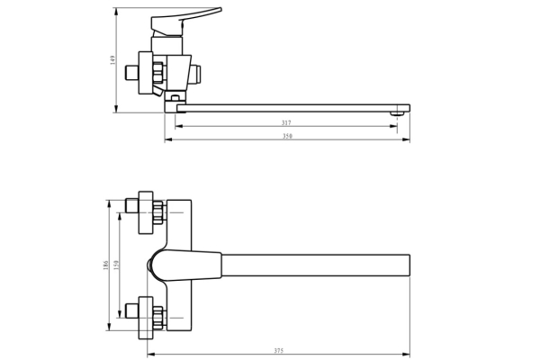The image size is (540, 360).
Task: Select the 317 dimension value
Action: tap(286, 121)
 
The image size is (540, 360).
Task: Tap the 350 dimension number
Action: tap(287, 137)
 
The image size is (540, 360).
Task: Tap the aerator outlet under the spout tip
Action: tap(394, 114)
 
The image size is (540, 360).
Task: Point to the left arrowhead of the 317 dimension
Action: tap(177, 126)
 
